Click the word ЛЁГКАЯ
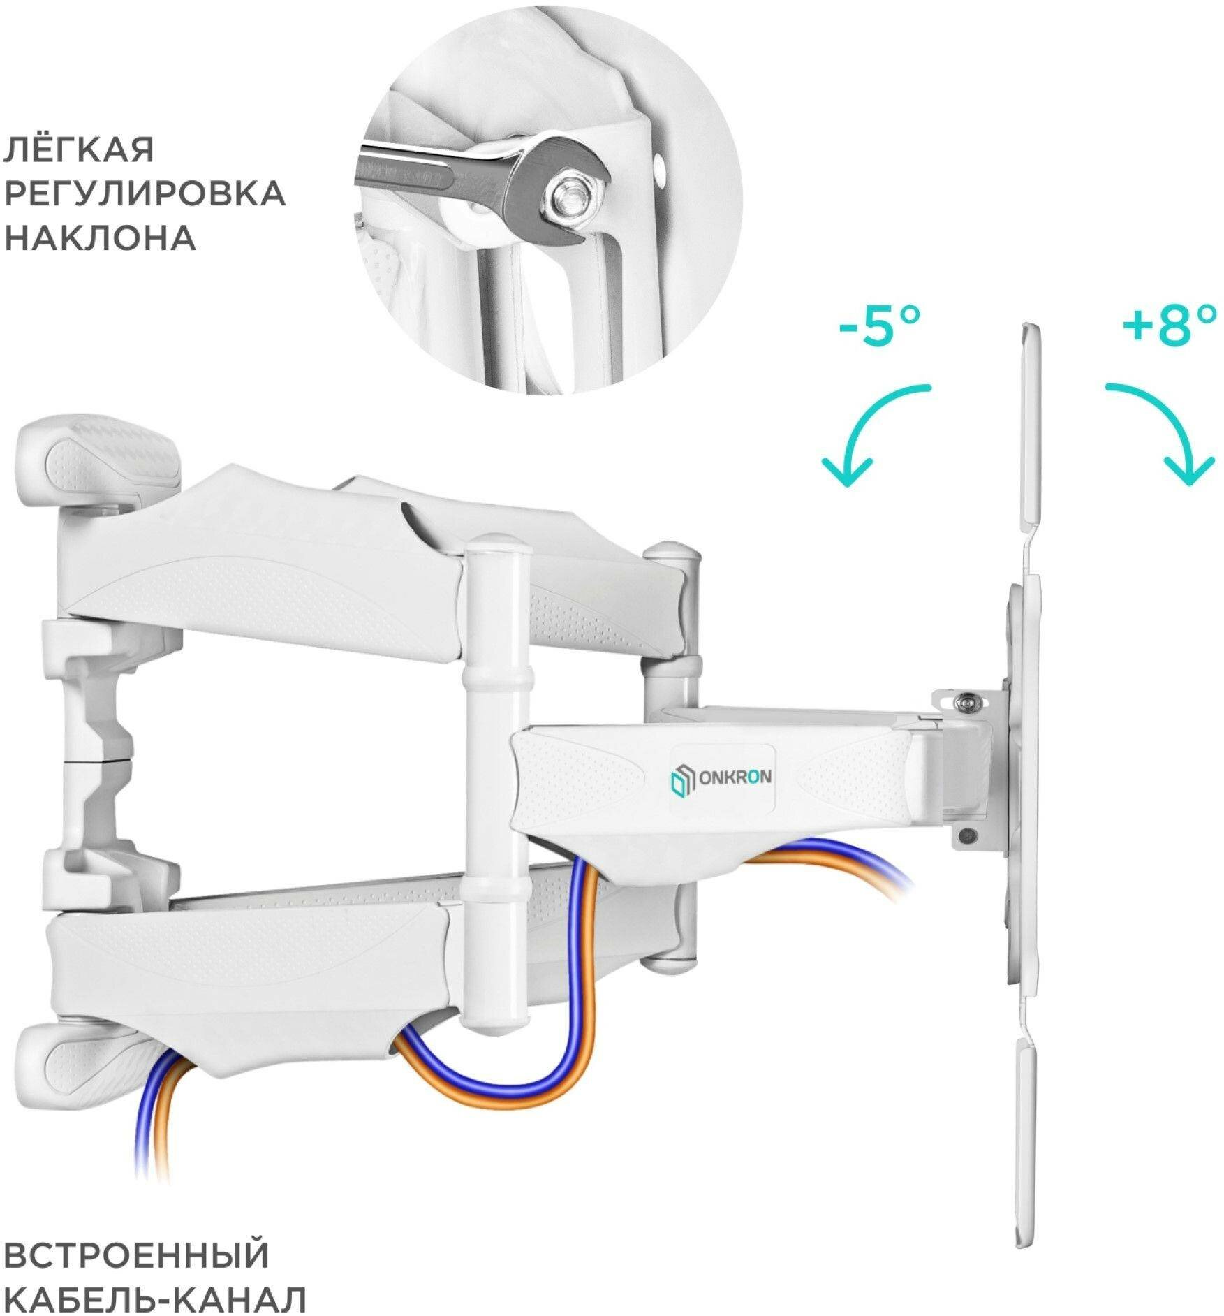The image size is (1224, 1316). [x=79, y=149]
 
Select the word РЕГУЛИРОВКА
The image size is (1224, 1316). [x=145, y=193]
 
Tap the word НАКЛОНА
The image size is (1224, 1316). [x=100, y=238]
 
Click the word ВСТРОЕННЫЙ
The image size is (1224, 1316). [x=137, y=1236]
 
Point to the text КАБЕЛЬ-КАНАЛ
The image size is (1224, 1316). [x=155, y=1281]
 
